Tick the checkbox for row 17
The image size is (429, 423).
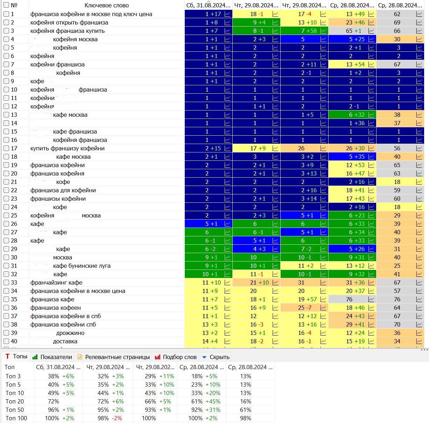click(x=6, y=148)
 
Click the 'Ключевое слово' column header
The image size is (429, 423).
click(x=106, y=5)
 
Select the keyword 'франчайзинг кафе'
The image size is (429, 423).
click(x=56, y=282)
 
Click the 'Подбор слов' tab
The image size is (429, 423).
click(x=180, y=357)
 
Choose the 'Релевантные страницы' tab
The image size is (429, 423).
click(x=117, y=357)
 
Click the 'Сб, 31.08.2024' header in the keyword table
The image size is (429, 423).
click(x=208, y=5)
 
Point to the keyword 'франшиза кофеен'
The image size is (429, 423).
click(x=56, y=308)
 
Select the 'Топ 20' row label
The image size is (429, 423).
click(x=15, y=401)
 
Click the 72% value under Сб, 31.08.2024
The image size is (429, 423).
click(x=54, y=401)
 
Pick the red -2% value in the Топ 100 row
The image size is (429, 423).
click(x=117, y=418)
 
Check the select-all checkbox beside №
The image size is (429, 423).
click(x=6, y=5)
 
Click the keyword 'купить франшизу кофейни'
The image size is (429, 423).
click(x=68, y=148)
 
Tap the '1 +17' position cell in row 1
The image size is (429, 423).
click(x=213, y=14)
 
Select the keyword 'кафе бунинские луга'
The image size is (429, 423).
click(x=82, y=266)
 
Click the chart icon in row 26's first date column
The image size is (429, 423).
click(x=227, y=224)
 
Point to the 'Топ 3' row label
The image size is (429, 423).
click(x=13, y=376)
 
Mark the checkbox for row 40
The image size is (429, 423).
click(x=6, y=341)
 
